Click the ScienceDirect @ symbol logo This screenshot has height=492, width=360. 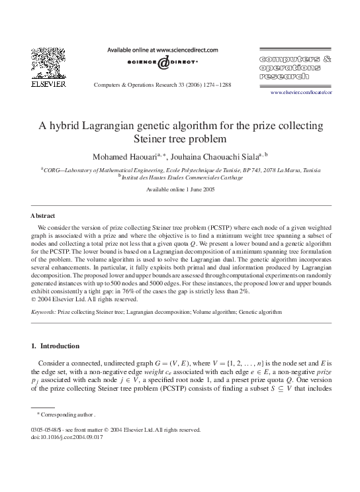(164, 64)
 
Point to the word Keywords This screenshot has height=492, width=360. (43, 310)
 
